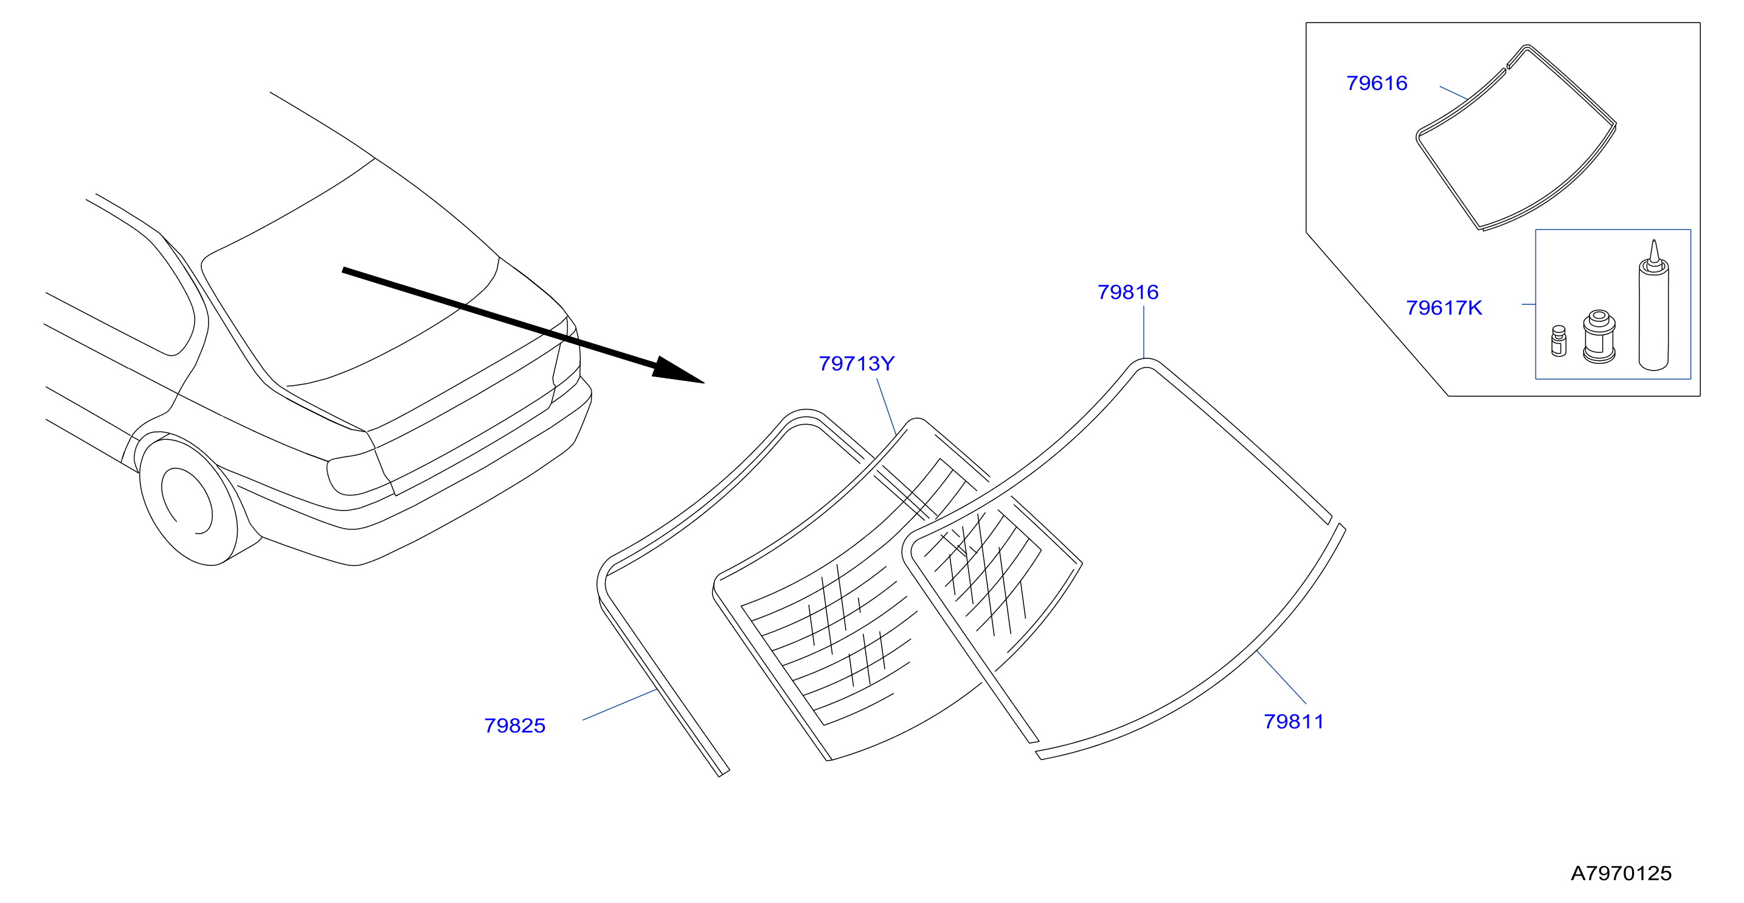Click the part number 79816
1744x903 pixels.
(1128, 292)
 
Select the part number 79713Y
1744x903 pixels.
(856, 364)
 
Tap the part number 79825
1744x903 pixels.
(514, 725)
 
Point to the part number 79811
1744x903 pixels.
(1294, 722)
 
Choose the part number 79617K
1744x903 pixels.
(1444, 309)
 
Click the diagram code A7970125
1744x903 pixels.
(1621, 873)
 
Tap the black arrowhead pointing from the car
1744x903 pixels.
(677, 371)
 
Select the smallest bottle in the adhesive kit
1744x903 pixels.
(1559, 341)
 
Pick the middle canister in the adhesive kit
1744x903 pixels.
(1599, 336)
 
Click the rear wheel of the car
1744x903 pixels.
(189, 501)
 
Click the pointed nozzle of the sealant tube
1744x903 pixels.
(1654, 251)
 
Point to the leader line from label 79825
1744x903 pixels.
(620, 705)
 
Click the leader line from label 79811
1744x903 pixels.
(1281, 677)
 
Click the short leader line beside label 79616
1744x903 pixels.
(1453, 93)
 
